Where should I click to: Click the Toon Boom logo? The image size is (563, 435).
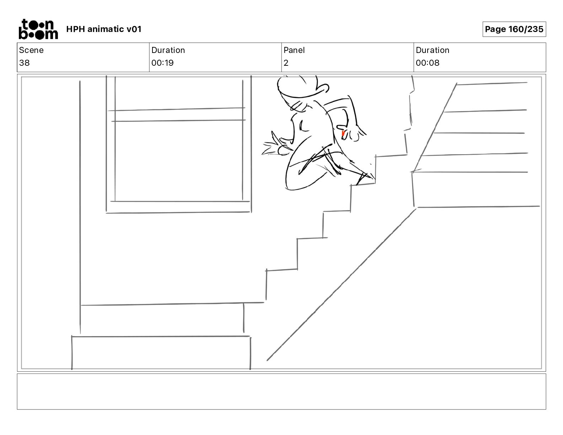[x=38, y=29]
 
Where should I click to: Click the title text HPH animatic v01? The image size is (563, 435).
[x=104, y=29]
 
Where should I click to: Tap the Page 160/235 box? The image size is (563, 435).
[x=514, y=29]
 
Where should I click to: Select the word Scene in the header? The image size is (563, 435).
[x=31, y=50]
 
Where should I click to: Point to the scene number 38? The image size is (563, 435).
[x=25, y=63]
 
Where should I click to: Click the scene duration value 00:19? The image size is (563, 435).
[x=162, y=63]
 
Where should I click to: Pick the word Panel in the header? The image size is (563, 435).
[x=294, y=50]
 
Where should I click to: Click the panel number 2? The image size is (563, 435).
[x=286, y=63]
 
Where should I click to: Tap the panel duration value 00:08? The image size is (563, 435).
[x=428, y=63]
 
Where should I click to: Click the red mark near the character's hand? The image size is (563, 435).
[x=343, y=133]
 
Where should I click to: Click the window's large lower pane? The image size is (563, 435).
[x=179, y=161]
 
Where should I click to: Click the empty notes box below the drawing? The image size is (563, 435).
[x=281, y=392]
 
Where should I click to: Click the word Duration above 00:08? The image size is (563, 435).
[x=433, y=50]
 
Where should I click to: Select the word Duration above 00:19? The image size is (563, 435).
[x=168, y=50]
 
